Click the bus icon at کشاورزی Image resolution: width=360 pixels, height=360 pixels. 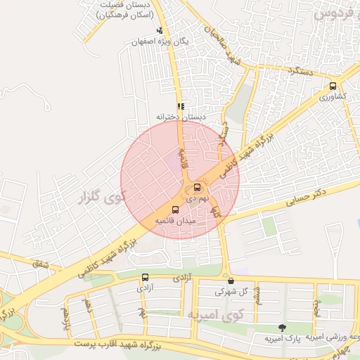[333, 86]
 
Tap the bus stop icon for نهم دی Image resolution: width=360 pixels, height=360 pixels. [196, 188]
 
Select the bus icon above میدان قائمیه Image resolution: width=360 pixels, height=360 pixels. [175, 209]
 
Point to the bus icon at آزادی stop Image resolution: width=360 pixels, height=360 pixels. [145, 277]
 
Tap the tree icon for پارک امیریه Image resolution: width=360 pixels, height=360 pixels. [282, 328]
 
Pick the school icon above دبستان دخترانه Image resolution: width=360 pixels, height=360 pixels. [181, 107]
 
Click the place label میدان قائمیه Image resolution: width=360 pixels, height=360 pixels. [175, 221]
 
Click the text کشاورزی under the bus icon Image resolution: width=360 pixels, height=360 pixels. [333, 97]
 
